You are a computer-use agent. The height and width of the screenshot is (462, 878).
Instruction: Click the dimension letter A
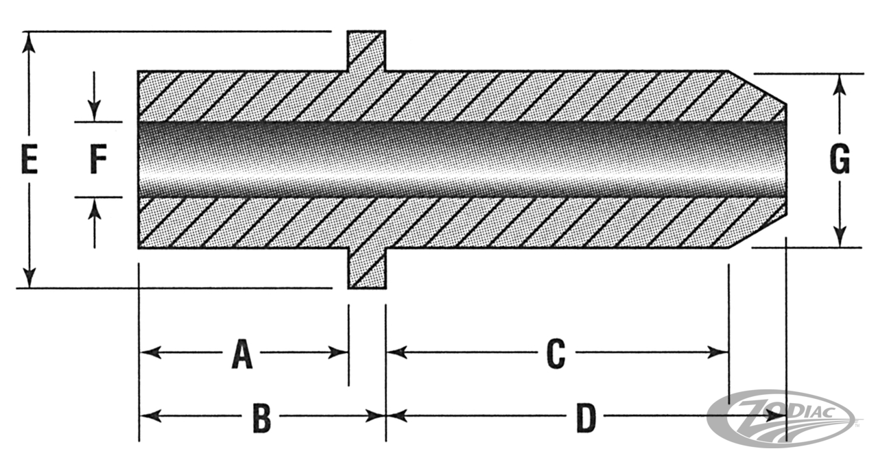coord(241,354)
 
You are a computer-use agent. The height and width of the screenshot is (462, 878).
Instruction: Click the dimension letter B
coord(261,417)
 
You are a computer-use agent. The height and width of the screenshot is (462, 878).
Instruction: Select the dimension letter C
coord(555,354)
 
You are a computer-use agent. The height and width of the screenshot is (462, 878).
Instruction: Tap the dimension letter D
coord(584,417)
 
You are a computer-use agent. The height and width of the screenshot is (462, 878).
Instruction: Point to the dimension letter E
coord(29,162)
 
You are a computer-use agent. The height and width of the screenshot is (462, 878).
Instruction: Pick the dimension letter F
coord(98,162)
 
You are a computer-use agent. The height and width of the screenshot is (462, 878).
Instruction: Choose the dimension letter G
coord(840,160)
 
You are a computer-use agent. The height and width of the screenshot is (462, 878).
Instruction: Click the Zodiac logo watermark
coord(782,417)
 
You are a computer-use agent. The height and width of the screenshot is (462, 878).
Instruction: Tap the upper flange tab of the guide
coord(366,50)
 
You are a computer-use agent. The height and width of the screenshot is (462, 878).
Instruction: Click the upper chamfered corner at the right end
coord(757,87)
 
